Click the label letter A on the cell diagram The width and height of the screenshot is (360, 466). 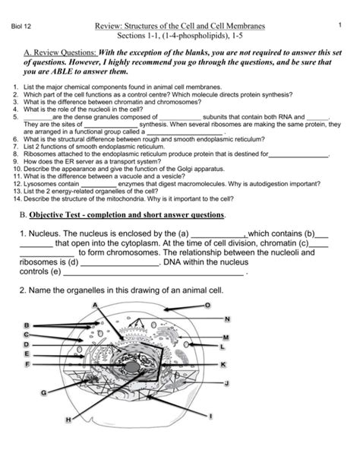(x=96, y=305)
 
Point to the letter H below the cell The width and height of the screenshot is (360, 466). (x=68, y=420)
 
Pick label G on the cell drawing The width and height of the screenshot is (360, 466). (x=44, y=393)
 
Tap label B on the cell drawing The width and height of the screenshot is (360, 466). (x=27, y=325)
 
